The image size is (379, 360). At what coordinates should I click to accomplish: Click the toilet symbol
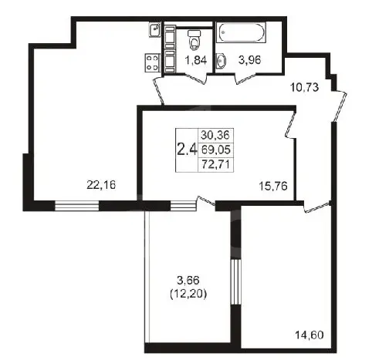tap(195, 40)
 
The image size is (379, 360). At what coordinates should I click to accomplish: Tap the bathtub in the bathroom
tap(241, 32)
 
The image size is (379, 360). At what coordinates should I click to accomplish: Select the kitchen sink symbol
tap(154, 30)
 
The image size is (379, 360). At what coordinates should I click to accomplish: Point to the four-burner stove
tap(152, 62)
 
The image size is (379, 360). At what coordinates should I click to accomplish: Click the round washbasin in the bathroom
tap(222, 61)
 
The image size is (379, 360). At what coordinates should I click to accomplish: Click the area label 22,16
tap(101, 185)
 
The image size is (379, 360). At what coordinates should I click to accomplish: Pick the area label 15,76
tap(272, 186)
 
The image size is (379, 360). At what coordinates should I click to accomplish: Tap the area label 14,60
tap(309, 335)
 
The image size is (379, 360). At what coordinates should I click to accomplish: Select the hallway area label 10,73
tap(305, 87)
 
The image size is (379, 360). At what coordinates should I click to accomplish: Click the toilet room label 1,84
tap(196, 60)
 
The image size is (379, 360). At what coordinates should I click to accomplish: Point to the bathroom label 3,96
tap(249, 60)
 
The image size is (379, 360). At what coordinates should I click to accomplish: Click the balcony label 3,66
tap(188, 281)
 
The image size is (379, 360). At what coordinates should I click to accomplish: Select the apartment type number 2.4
tap(187, 150)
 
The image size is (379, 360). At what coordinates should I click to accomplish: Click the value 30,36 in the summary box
tap(215, 135)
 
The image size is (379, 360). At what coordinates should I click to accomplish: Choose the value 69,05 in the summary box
tap(215, 150)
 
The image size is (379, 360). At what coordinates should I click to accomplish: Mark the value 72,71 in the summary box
tap(215, 163)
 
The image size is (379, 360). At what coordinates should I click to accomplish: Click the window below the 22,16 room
tap(77, 206)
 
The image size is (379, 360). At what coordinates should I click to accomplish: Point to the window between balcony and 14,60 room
tap(235, 282)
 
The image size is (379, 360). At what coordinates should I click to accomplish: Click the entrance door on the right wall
tap(339, 106)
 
